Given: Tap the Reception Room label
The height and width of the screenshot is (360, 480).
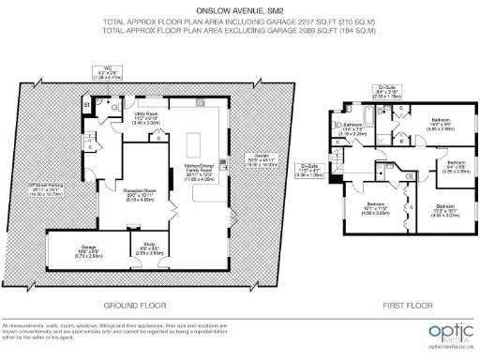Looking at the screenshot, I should tap(139, 194).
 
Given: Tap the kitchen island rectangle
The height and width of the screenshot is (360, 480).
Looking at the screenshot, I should tap(198, 145).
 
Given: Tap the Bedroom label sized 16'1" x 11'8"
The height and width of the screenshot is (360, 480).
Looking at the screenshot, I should tap(375, 208).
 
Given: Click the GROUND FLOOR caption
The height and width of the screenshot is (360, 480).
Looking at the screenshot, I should tap(135, 306).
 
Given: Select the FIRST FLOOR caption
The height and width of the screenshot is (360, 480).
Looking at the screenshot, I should tap(400, 306).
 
